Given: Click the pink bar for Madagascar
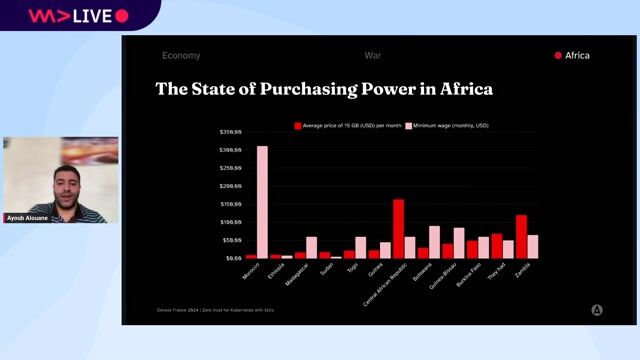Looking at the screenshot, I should (x=311, y=247).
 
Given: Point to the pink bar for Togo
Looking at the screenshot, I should (x=360, y=247).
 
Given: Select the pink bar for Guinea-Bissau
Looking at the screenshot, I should (x=459, y=243).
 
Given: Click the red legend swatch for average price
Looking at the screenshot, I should (x=297, y=126).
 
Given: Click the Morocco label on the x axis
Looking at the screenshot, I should (x=253, y=271).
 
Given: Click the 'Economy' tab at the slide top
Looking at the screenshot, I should (x=181, y=56).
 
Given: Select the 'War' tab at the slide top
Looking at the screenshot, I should (x=373, y=56).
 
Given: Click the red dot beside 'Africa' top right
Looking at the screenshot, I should (x=558, y=56).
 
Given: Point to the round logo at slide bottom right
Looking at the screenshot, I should (x=597, y=310).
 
